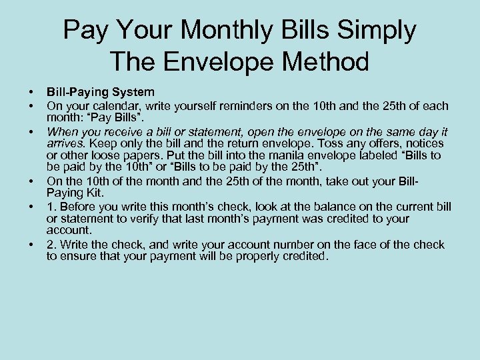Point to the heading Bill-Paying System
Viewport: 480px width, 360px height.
pos(100,91)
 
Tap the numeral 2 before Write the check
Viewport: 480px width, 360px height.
pos(50,245)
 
